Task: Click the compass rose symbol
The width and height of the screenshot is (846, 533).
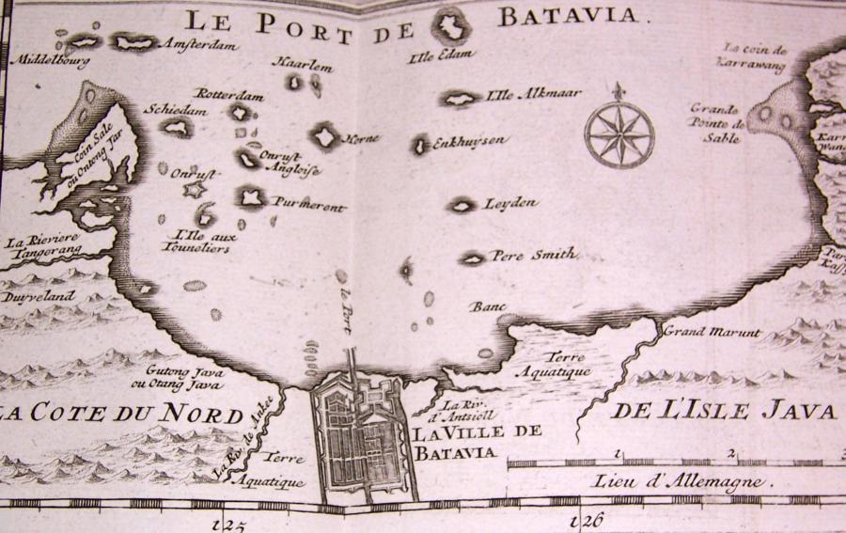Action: point(618,133)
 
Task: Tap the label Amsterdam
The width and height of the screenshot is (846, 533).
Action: point(200,44)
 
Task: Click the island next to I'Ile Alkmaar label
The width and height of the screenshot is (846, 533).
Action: point(461,98)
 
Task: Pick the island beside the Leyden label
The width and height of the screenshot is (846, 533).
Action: point(462,204)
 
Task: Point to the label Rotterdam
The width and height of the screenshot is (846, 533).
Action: point(229,94)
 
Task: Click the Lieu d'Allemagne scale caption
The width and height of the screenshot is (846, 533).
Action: point(681,481)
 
